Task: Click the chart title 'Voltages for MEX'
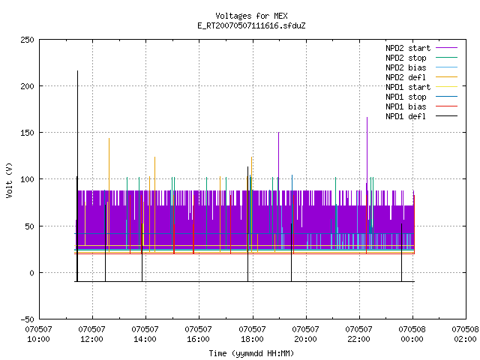(x=251, y=16)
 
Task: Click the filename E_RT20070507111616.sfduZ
(x=251, y=25)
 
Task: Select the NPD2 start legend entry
(x=421, y=48)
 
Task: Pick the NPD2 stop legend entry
(x=421, y=58)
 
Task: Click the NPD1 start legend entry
(x=421, y=87)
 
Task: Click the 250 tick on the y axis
(x=27, y=40)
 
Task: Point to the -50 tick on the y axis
(x=27, y=319)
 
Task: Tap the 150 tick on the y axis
(x=27, y=133)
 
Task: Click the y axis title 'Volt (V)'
(x=10, y=180)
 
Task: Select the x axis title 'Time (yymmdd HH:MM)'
(x=251, y=353)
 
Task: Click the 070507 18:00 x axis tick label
(x=252, y=334)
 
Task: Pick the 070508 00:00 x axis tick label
(x=412, y=334)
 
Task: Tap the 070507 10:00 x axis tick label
(x=38, y=334)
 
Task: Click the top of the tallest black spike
(x=77, y=71)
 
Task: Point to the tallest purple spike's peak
(x=367, y=117)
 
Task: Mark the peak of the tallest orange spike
(x=109, y=139)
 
